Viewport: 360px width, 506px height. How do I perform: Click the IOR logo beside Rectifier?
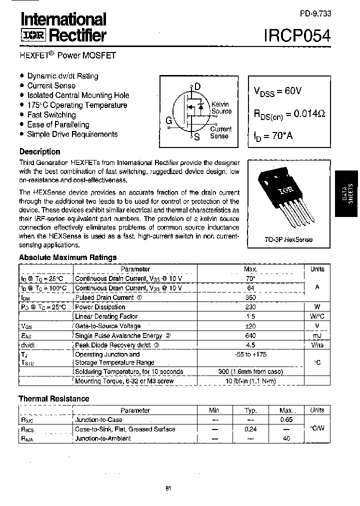(33, 35)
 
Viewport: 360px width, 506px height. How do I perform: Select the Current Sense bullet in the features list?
(51, 85)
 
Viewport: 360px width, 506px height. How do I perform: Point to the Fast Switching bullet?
(51, 114)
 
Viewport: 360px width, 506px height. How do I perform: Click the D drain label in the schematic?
(197, 86)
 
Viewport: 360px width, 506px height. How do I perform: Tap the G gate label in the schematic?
(169, 120)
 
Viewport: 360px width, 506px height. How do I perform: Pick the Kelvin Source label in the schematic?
(221, 108)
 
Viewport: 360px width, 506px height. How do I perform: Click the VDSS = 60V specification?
(278, 91)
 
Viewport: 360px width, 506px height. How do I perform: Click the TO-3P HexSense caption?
(288, 239)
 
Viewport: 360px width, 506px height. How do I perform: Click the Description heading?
(39, 151)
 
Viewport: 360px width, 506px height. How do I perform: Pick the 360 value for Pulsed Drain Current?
(250, 297)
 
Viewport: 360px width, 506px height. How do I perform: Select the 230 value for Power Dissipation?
(250, 307)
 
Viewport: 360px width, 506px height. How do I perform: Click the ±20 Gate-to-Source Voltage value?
(250, 326)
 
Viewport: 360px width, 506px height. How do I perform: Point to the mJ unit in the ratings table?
(317, 335)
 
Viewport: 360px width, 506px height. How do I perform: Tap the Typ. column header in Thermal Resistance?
(250, 410)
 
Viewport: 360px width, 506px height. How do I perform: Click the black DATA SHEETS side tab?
(347, 193)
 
